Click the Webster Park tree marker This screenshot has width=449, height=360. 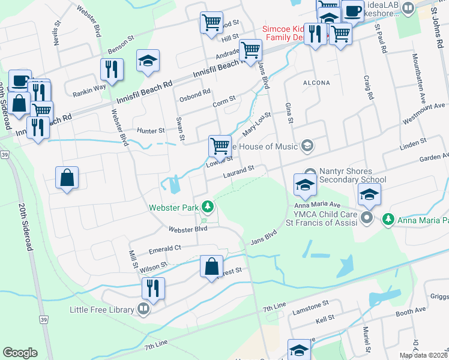pyautogui.click(x=208, y=207)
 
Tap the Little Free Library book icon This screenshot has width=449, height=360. pyautogui.click(x=143, y=310)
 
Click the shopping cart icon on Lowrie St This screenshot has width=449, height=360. pyautogui.click(x=220, y=145)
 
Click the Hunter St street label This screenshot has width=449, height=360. pyautogui.click(x=151, y=130)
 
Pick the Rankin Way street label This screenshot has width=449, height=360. pyautogui.click(x=89, y=86)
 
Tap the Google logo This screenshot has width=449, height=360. pyautogui.click(x=20, y=352)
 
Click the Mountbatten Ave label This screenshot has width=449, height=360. pyautogui.click(x=419, y=77)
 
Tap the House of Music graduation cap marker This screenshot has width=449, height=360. pyautogui.click(x=308, y=146)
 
